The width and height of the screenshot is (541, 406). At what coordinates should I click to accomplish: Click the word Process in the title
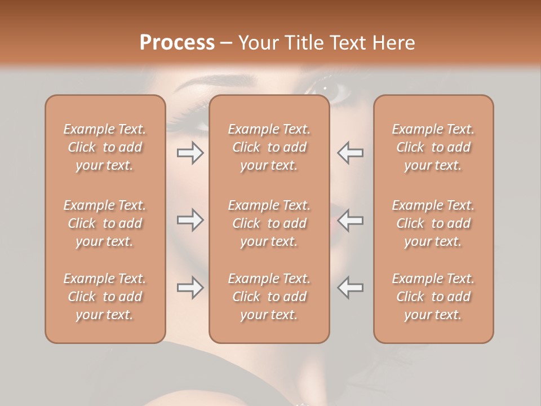pos(177,43)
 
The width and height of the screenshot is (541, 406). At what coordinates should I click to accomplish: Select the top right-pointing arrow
pos(190,153)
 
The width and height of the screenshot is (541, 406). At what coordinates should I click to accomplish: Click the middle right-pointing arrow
pos(190,220)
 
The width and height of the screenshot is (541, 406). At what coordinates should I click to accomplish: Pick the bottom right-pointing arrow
pos(190,288)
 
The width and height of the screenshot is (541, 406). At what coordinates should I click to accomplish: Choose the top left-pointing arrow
pos(350,153)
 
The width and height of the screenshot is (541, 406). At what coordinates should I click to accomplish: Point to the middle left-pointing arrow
pos(350,220)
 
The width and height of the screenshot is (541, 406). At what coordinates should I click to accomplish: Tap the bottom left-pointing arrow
pos(350,288)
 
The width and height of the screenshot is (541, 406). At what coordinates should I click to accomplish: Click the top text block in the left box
pos(105,147)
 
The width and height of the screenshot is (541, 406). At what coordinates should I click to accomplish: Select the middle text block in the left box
pos(105,223)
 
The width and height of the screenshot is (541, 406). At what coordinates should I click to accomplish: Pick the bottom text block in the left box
pos(105,297)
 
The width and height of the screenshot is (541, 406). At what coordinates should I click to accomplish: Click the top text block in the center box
pos(269,147)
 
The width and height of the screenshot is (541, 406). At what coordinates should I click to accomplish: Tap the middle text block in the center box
pos(269,223)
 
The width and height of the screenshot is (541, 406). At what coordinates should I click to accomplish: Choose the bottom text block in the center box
pos(269,297)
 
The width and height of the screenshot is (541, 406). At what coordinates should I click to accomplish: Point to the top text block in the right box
pos(433,147)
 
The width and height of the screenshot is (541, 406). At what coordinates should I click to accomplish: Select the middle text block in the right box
pos(433,223)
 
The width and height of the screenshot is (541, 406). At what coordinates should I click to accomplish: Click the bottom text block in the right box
pos(433,297)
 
